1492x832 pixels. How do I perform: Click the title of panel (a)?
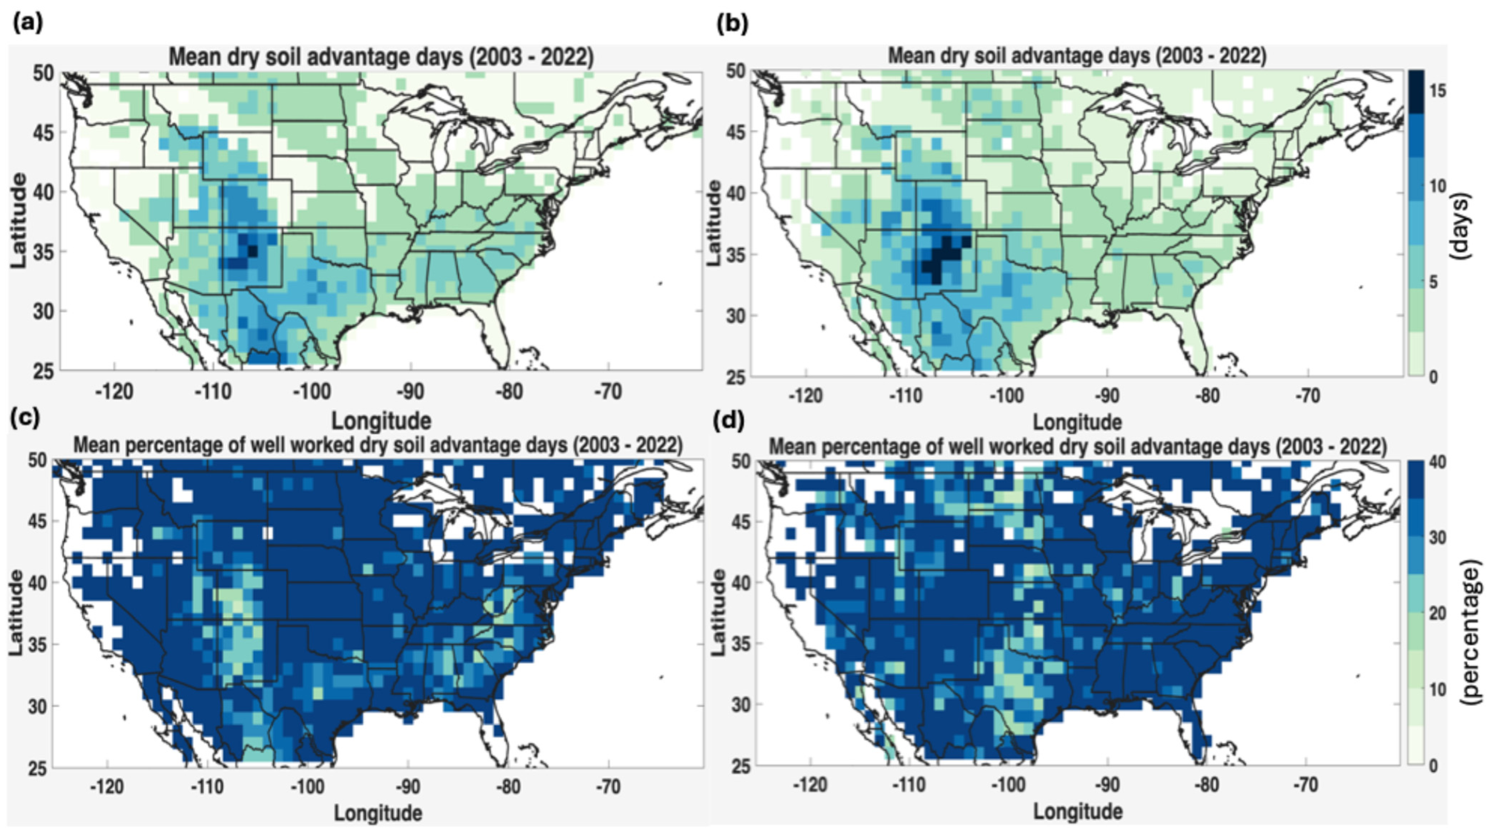[381, 58]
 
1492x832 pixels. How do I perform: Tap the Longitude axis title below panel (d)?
[1078, 812]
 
